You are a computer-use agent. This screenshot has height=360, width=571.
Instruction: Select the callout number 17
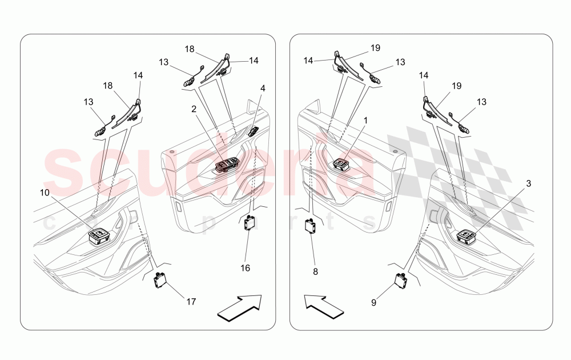coord(191,301)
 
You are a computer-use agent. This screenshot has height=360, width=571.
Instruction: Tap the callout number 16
coord(245,267)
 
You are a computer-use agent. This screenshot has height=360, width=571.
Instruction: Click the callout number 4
coord(262,89)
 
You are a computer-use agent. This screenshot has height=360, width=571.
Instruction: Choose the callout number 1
coord(366,121)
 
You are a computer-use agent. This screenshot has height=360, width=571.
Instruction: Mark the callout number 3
coord(528,183)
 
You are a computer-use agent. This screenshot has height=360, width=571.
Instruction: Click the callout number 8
coord(315,272)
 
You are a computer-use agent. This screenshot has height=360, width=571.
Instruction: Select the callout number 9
coord(374,303)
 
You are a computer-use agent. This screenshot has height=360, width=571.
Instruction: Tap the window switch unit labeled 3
coord(467,236)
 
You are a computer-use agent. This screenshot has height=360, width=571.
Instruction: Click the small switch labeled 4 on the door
coord(254,133)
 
